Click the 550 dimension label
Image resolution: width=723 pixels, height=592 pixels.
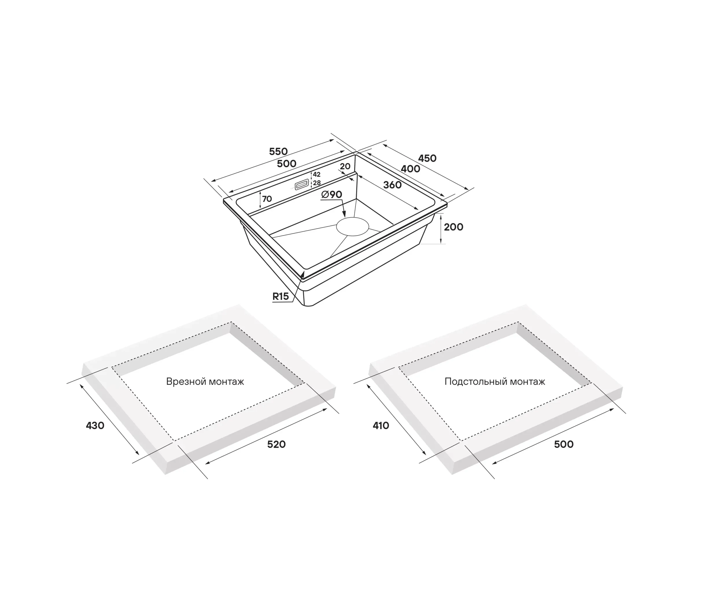278,151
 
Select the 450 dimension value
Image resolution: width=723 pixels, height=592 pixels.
427,158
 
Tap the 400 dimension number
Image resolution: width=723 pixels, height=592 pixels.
410,169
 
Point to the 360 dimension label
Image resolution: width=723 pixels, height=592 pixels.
392,185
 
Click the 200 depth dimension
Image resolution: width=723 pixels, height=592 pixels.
453,227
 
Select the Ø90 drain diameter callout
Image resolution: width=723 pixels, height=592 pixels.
332,194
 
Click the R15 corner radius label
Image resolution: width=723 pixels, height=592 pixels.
281,296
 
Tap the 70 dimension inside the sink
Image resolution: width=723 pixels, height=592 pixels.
267,199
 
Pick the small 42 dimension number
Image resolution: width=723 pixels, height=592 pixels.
317,174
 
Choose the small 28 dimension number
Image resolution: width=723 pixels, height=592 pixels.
317,183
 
